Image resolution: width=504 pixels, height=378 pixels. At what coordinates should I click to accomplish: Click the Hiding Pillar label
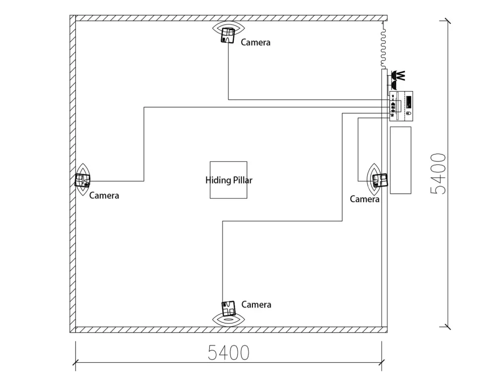click(228, 180)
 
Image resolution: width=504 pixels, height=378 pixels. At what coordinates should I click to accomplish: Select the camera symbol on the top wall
click(227, 35)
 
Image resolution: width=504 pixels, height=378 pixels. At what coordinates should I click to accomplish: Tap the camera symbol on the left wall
click(82, 180)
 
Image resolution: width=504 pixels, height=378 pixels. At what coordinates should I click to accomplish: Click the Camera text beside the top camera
click(255, 42)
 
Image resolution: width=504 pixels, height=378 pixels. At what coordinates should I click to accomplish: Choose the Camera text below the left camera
click(104, 195)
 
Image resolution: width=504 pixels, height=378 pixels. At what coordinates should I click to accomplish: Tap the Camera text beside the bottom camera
click(256, 305)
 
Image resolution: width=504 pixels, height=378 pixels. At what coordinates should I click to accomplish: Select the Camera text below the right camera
click(365, 199)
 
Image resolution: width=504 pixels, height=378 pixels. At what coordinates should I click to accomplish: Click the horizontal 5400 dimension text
click(228, 352)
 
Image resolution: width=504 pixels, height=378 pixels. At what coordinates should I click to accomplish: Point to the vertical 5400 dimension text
click(438, 173)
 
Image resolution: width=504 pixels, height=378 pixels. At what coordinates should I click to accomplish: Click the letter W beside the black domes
click(401, 76)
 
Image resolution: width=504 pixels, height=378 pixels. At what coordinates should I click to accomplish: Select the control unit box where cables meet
click(401, 106)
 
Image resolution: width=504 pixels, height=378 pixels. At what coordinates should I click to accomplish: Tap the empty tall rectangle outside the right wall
click(401, 160)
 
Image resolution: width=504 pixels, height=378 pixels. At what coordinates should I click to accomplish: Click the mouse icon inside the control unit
click(408, 114)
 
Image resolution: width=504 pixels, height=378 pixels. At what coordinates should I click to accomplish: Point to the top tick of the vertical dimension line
click(447, 21)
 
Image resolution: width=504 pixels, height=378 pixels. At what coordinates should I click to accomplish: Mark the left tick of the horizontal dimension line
click(75, 365)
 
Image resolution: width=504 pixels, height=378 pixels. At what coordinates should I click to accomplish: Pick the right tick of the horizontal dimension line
click(382, 365)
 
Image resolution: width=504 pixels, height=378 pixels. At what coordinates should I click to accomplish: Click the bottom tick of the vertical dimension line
click(447, 325)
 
